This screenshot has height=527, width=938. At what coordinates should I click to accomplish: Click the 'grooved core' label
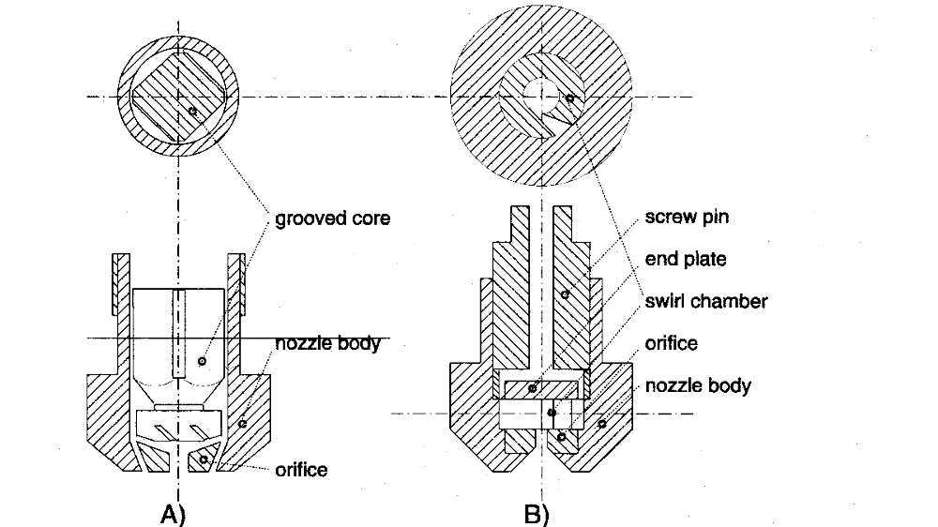(x=332, y=219)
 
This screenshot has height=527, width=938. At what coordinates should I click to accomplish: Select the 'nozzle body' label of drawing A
(x=327, y=343)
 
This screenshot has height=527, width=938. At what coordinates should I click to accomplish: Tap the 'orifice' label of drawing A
(x=301, y=469)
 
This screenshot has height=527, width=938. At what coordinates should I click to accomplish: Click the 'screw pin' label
(x=687, y=218)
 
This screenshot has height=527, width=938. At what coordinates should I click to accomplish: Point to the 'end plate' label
(x=686, y=259)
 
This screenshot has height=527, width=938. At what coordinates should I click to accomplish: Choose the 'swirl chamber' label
(x=706, y=301)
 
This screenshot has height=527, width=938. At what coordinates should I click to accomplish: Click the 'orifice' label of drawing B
(x=671, y=343)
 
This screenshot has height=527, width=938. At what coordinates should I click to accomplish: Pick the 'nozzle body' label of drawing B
(x=698, y=385)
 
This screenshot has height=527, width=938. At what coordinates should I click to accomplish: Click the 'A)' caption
(x=174, y=514)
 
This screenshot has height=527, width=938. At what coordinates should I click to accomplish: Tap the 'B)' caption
(x=536, y=514)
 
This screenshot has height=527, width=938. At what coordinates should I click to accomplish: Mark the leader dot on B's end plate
(x=532, y=387)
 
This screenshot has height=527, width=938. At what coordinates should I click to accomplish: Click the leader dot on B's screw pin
(x=566, y=294)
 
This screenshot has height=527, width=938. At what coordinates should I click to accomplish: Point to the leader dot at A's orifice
(x=204, y=459)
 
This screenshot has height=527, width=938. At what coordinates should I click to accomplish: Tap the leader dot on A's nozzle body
(x=242, y=424)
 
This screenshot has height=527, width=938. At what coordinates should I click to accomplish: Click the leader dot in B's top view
(x=569, y=98)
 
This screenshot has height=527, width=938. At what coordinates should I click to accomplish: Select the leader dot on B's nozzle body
(x=602, y=424)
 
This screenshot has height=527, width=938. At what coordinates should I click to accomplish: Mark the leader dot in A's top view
(x=191, y=111)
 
